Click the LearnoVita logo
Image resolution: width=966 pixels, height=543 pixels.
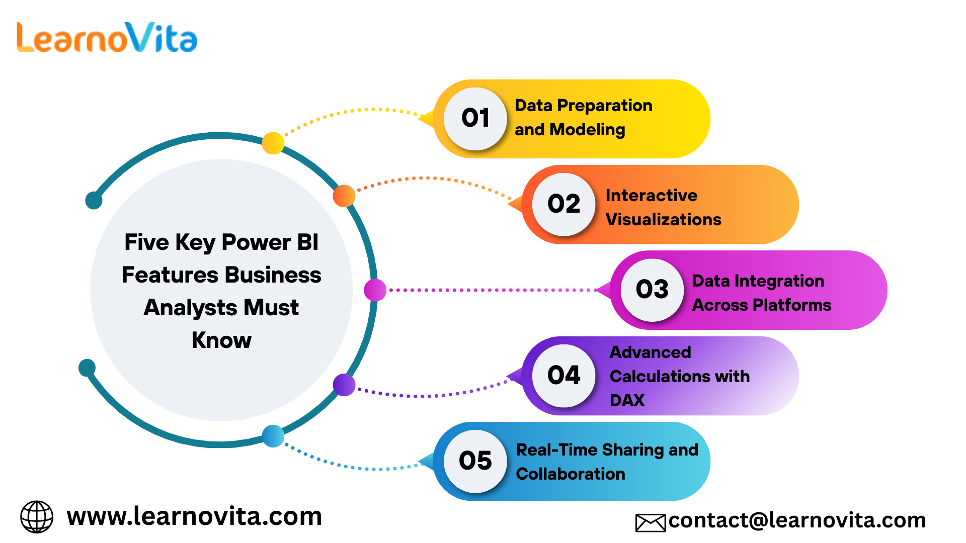pyautogui.click(x=107, y=37)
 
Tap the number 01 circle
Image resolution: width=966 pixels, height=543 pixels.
pyautogui.click(x=475, y=119)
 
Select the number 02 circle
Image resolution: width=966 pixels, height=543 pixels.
pyautogui.click(x=564, y=204)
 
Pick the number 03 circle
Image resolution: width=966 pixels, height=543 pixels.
pyautogui.click(x=653, y=290)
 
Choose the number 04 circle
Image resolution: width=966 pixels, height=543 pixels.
pyautogui.click(x=564, y=376)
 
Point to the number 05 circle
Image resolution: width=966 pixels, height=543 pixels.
pyautogui.click(x=475, y=461)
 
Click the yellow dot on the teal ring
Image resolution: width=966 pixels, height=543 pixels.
pyautogui.click(x=273, y=143)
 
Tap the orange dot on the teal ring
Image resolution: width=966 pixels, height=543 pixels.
pyautogui.click(x=344, y=196)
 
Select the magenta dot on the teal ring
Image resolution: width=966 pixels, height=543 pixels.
pyautogui.click(x=375, y=290)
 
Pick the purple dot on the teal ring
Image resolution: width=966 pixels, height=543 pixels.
pyautogui.click(x=344, y=385)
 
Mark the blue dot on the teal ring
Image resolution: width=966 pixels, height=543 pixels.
pyautogui.click(x=273, y=436)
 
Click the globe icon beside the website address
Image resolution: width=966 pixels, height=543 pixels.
pyautogui.click(x=37, y=516)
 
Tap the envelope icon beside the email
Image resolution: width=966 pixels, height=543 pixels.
pyautogui.click(x=651, y=523)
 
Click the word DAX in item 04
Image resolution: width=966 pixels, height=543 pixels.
pyautogui.click(x=627, y=400)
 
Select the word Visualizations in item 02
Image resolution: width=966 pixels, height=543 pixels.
pyautogui.click(x=664, y=219)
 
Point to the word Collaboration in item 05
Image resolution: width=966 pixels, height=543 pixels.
pyautogui.click(x=571, y=474)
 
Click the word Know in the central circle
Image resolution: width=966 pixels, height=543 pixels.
pyautogui.click(x=221, y=340)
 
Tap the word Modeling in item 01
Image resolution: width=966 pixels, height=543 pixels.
pyautogui.click(x=588, y=130)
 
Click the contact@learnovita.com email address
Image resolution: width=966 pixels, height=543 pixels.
pyautogui.click(x=797, y=520)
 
